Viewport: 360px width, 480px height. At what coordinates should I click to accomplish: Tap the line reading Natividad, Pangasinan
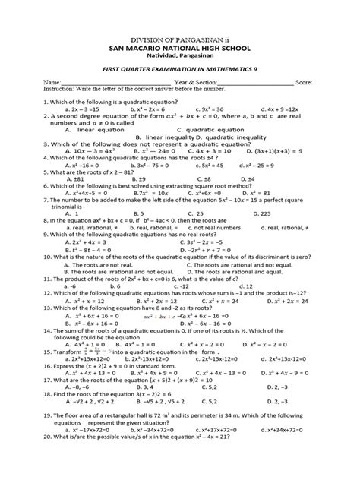tap(179, 58)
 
